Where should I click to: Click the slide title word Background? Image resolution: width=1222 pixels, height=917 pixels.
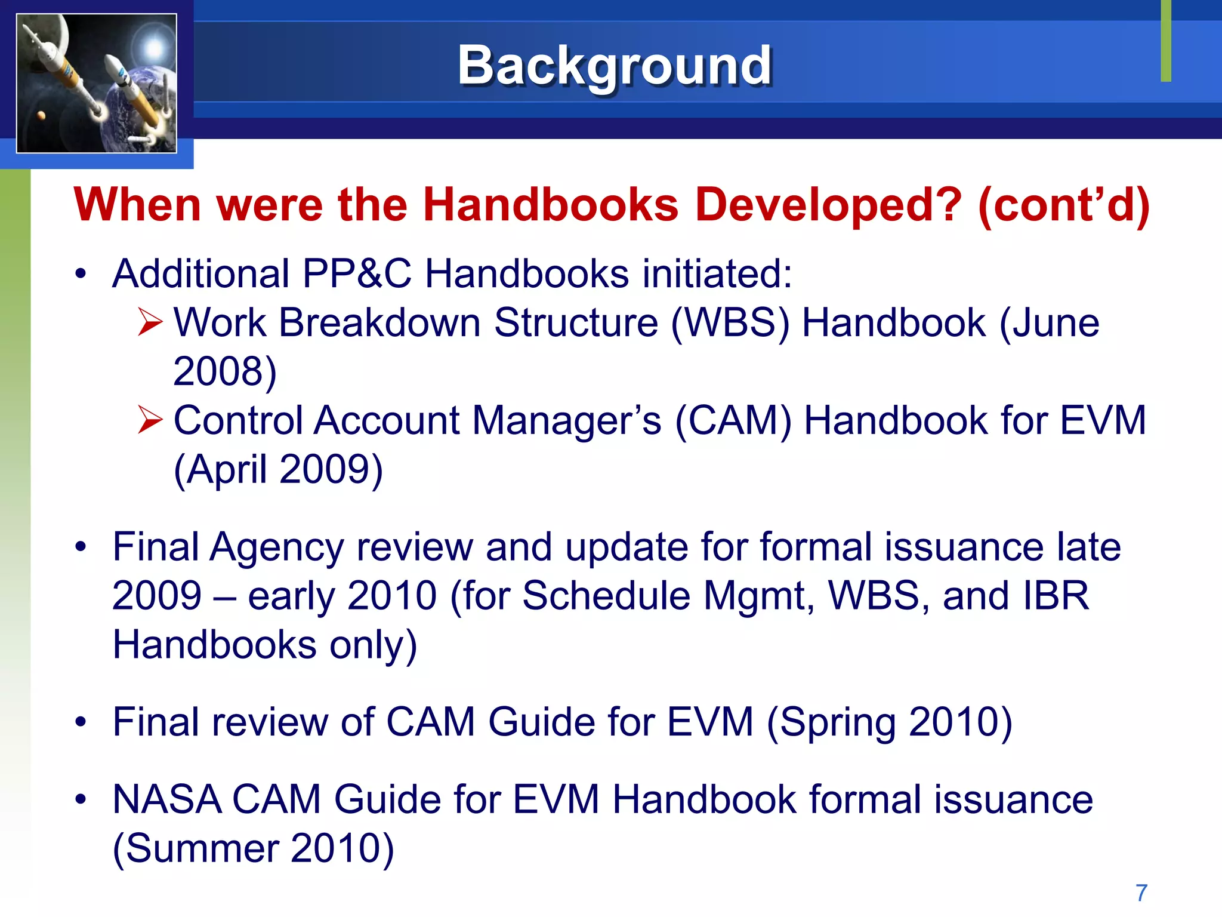tap(615, 66)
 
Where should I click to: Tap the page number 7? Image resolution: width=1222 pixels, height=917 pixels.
tap(1141, 893)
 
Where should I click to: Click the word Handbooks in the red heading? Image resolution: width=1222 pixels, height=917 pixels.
tap(550, 205)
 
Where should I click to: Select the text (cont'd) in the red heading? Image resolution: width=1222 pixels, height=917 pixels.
tap(1063, 205)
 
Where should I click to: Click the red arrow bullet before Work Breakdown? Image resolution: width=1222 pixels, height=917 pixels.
tap(149, 322)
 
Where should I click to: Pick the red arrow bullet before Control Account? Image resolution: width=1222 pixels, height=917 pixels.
tap(149, 420)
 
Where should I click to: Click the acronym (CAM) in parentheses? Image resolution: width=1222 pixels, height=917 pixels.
tap(733, 420)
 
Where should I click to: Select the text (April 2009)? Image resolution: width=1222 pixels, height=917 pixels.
tap(278, 469)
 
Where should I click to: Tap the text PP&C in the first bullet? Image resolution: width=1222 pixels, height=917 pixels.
tap(356, 273)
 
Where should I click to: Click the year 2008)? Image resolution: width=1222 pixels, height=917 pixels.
tap(225, 371)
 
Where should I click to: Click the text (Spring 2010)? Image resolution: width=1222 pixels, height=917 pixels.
tap(889, 722)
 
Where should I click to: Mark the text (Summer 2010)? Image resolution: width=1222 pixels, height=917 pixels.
tap(254, 848)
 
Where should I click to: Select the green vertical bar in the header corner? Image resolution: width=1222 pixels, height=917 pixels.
tap(1166, 41)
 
